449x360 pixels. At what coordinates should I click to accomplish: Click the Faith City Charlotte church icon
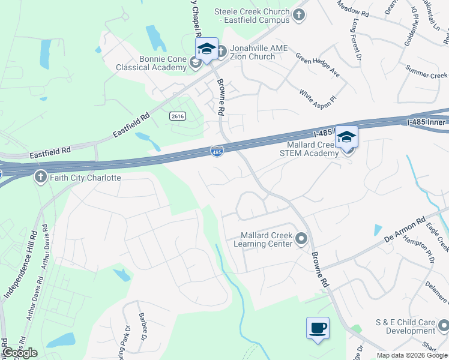click(x=40, y=177)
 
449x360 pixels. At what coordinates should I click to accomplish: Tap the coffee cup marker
click(x=318, y=329)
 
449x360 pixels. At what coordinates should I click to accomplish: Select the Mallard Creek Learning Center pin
click(x=302, y=239)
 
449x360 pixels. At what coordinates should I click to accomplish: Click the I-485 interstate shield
click(x=217, y=152)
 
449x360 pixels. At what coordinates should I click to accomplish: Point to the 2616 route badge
click(x=176, y=116)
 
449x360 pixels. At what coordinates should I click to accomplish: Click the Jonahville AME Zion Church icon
click(x=221, y=52)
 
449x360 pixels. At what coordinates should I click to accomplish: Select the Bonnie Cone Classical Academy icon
click(x=195, y=62)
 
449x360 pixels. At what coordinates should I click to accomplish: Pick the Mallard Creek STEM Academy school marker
click(x=346, y=138)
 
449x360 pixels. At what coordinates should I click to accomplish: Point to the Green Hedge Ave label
click(x=318, y=65)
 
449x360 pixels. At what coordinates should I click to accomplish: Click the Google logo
click(x=20, y=353)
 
